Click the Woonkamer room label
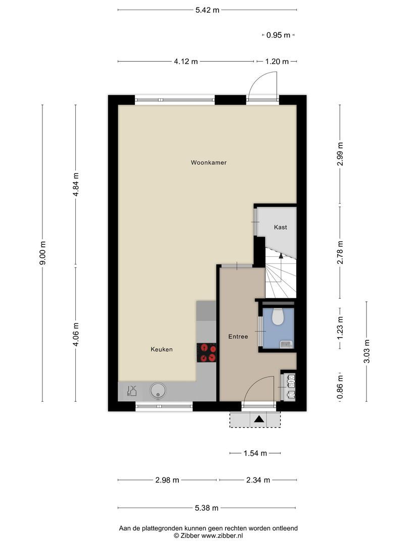(x=209, y=162)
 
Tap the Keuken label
(x=162, y=349)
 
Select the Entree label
(x=238, y=337)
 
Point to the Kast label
(x=280, y=227)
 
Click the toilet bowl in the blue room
(x=278, y=316)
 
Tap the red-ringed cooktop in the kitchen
(x=207, y=352)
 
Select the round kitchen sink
(x=158, y=391)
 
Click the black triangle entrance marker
(x=259, y=419)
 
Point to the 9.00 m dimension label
(x=42, y=253)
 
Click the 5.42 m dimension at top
(x=208, y=10)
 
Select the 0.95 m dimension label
(x=278, y=35)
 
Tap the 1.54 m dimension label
(x=255, y=453)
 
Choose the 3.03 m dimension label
(x=367, y=351)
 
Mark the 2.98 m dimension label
(x=167, y=480)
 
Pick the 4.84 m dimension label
(x=76, y=184)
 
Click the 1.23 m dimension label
(x=340, y=328)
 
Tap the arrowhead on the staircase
(x=281, y=256)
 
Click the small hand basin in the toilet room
(x=286, y=344)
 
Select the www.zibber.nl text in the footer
(x=222, y=535)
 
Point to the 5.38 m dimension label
(x=207, y=508)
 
